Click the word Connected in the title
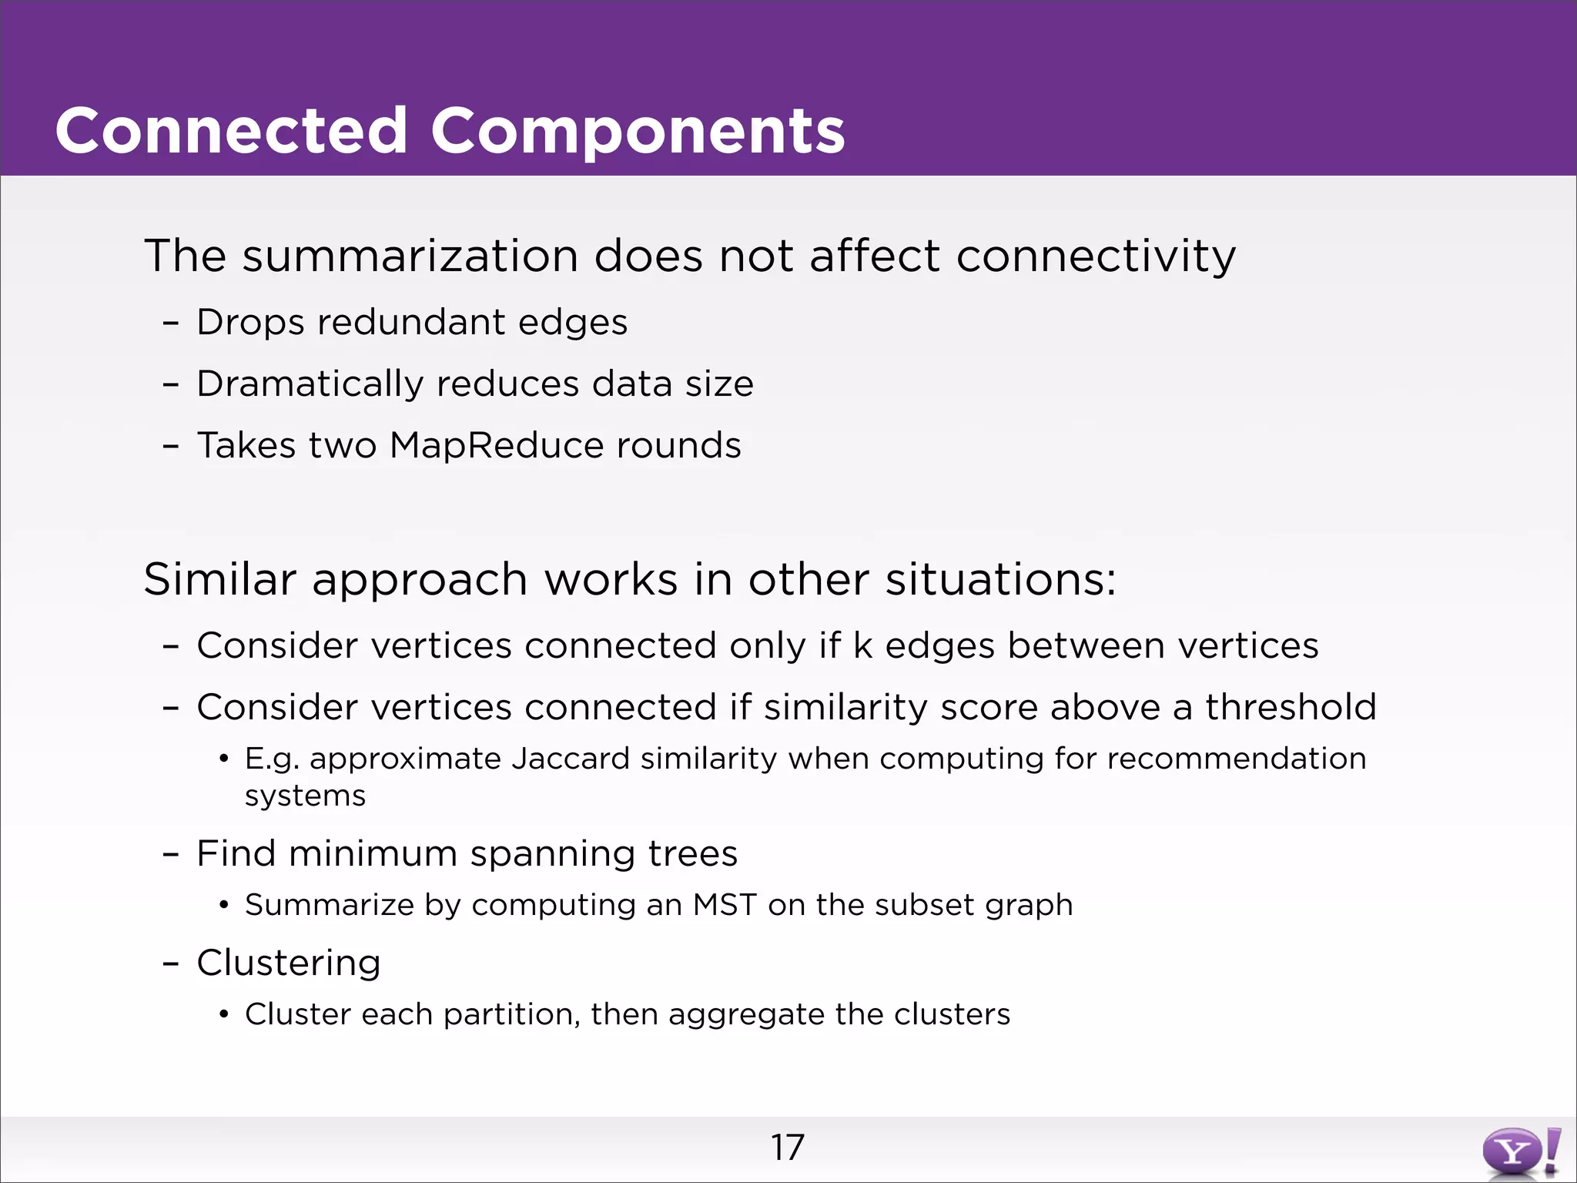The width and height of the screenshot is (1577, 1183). tap(231, 131)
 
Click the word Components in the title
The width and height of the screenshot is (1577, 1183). tap(638, 131)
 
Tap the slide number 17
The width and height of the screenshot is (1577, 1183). tap(787, 1148)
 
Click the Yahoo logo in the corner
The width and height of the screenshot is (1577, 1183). tap(1520, 1152)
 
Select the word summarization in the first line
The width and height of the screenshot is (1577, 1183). tap(410, 256)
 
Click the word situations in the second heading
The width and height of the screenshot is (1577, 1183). tap(999, 579)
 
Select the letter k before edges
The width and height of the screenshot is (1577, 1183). tap(862, 645)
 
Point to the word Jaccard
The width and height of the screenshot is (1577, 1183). tap(571, 759)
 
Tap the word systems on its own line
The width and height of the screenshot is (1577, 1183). tap(305, 796)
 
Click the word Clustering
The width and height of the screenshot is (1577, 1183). tap(289, 963)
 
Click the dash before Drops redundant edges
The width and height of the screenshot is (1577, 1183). tap(171, 323)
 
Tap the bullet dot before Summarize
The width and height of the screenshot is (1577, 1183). tap(224, 906)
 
